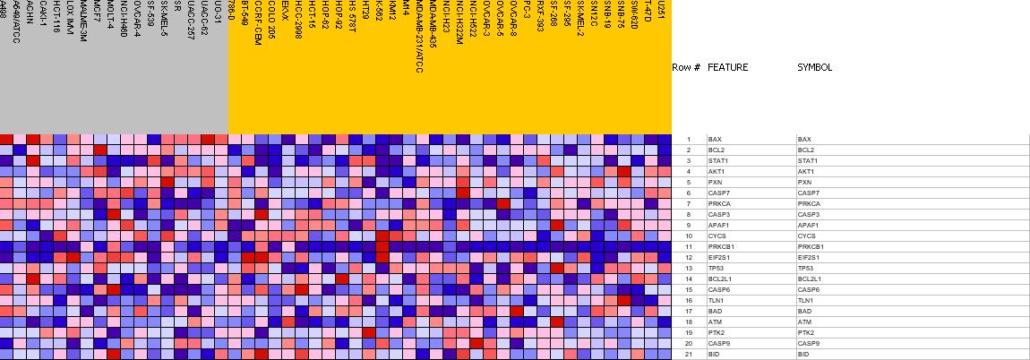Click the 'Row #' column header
click(x=685, y=67)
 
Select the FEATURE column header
click(x=727, y=67)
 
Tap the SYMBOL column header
click(x=814, y=67)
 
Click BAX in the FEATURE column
click(x=714, y=140)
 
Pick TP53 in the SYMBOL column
click(x=806, y=269)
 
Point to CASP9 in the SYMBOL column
click(x=808, y=344)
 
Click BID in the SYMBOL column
click(x=803, y=355)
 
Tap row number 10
click(x=688, y=236)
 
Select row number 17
click(x=688, y=312)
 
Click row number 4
click(x=688, y=172)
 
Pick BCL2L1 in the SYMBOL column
click(x=809, y=279)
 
